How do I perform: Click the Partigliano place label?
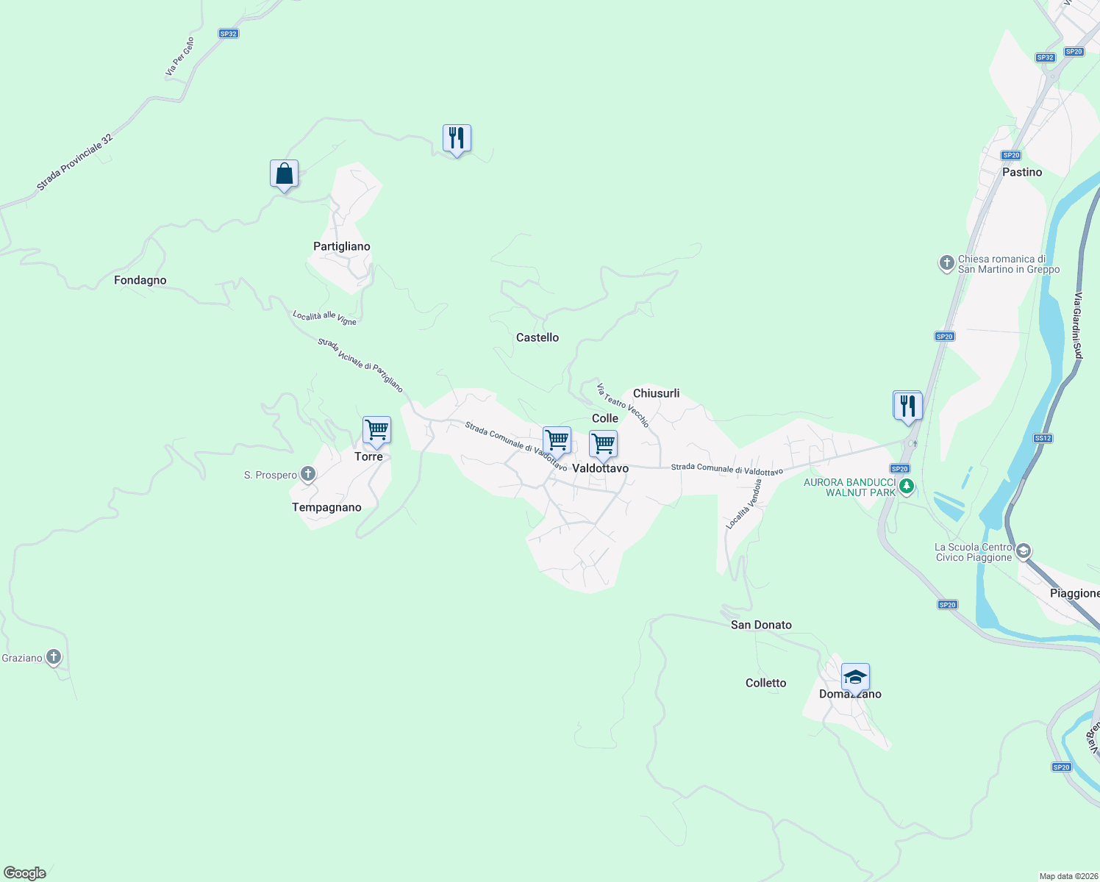pos(341,246)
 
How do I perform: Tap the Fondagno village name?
pos(140,280)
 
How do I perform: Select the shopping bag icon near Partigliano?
pos(284,174)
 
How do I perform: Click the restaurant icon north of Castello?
pos(457,138)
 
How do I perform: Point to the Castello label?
pos(537,337)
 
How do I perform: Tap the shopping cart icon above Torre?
pos(376,431)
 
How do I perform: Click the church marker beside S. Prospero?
pos(308,474)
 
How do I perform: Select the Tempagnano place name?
pos(326,507)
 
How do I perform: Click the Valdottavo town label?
pos(600,468)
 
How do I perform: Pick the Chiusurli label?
pos(656,393)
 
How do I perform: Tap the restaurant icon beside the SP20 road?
pos(907,406)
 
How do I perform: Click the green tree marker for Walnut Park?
pos(907,486)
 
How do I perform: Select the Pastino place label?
pos(1021,172)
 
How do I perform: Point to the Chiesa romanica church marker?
pos(947,262)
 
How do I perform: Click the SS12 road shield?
pos(1043,438)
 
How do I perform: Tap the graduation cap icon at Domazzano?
pos(855,677)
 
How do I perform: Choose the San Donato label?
pos(761,625)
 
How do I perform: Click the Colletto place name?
pos(765,683)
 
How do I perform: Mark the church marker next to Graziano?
pos(54,656)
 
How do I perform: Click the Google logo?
pos(25,873)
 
